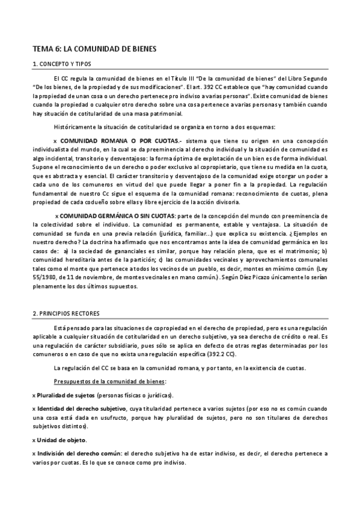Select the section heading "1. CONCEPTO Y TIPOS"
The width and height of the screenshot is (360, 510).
(x=61, y=64)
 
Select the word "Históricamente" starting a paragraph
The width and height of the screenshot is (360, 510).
(x=74, y=127)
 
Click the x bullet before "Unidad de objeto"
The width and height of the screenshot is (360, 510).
(x=33, y=440)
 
